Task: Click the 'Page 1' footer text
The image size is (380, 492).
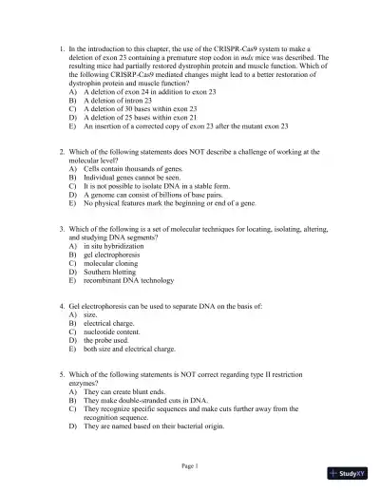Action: tap(189, 465)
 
